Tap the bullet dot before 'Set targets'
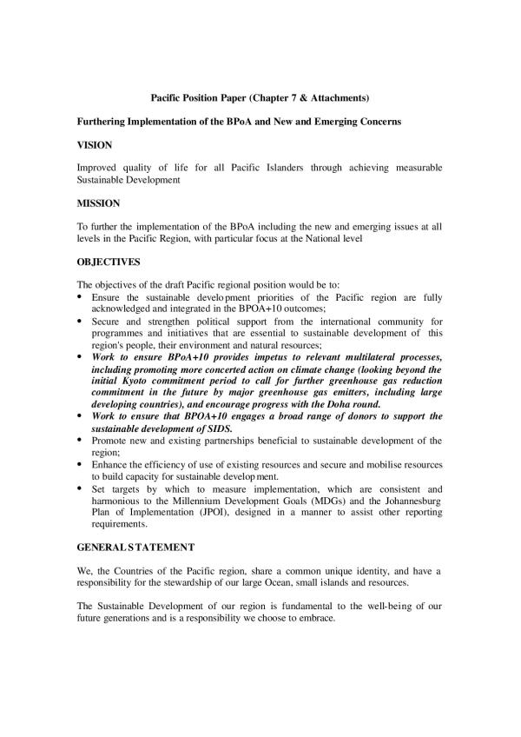tap(81, 490)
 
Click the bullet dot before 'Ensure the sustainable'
tap(81, 297)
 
